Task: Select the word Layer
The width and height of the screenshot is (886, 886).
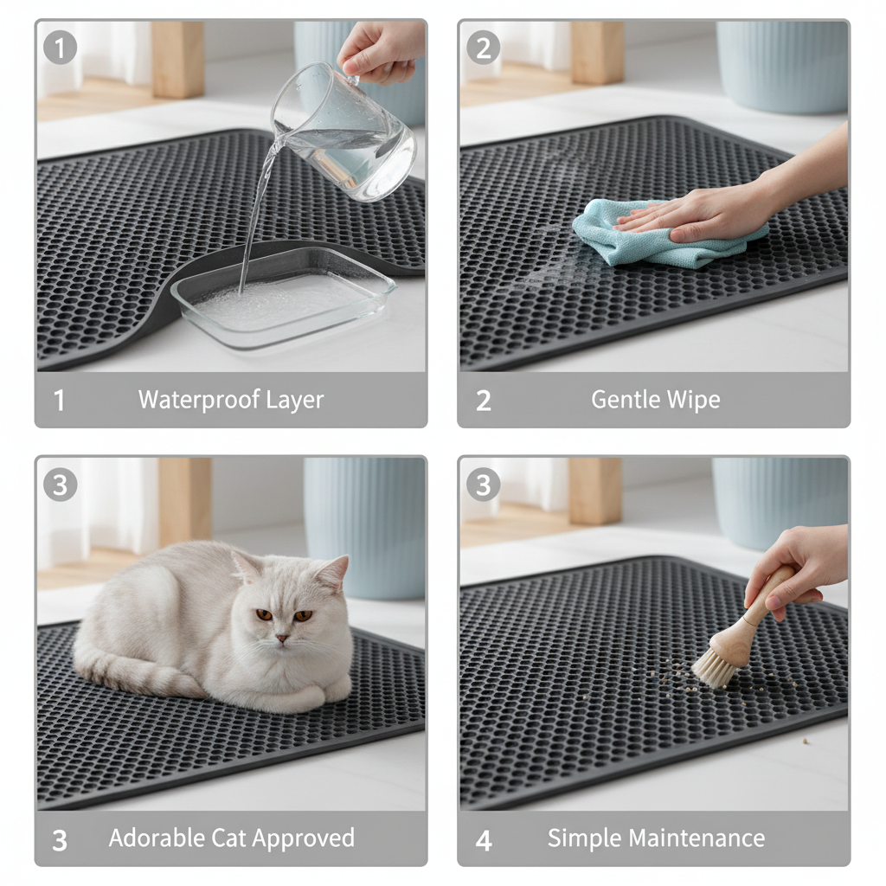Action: point(294,400)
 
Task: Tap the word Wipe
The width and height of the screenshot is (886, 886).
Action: point(692,400)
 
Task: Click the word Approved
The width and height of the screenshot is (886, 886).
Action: point(307,838)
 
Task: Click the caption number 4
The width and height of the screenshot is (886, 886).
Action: point(484,839)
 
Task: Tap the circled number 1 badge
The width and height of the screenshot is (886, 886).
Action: point(60,47)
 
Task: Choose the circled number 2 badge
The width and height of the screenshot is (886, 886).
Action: point(483,47)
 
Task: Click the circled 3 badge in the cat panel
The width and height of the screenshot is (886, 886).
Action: point(60,485)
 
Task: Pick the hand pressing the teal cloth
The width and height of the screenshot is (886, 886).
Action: point(709,212)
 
